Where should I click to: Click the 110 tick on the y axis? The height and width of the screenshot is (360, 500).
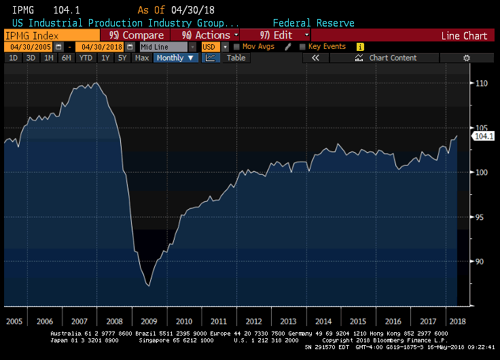point(480,84)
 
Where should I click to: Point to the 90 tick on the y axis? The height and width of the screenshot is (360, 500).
point(480,262)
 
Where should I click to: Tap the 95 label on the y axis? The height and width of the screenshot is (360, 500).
point(480,217)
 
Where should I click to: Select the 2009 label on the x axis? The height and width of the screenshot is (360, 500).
point(149,320)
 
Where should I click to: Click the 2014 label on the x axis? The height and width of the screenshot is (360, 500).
point(323,320)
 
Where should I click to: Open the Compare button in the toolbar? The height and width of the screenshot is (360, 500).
point(136,35)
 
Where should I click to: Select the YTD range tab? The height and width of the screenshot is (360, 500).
point(86,58)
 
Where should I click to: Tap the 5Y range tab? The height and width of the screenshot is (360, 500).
point(122,58)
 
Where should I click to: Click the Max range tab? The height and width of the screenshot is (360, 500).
point(142,58)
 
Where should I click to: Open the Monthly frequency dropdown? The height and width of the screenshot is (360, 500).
point(175,58)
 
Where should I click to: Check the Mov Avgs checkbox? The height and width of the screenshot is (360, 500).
point(236,47)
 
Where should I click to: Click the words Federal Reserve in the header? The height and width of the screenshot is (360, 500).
point(313,23)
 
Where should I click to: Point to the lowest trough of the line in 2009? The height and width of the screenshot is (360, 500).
point(149,286)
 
